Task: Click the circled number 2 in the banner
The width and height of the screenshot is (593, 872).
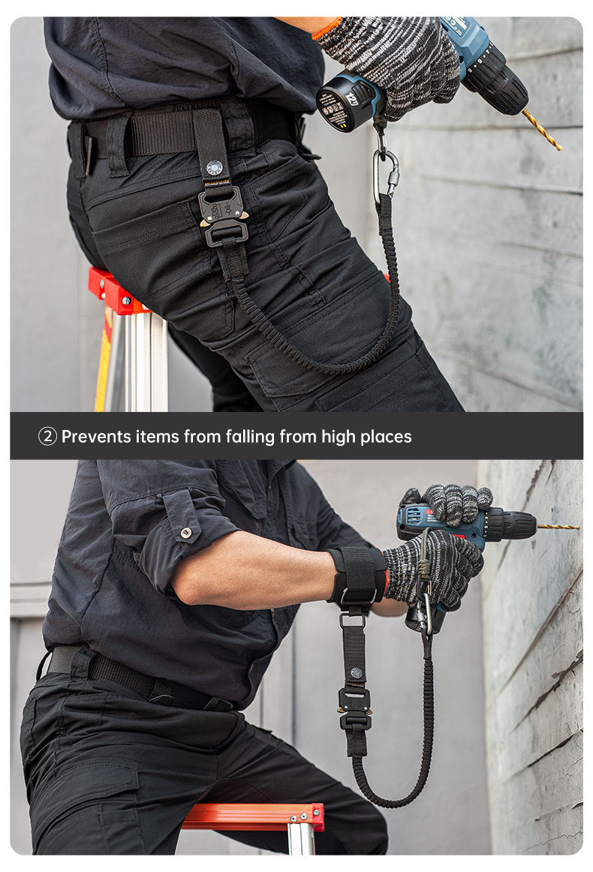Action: (x=47, y=436)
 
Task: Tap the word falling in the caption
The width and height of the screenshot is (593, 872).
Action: (x=249, y=436)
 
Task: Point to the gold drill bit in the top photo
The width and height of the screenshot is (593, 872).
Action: (x=542, y=130)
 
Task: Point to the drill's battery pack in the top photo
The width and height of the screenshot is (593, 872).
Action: (x=348, y=100)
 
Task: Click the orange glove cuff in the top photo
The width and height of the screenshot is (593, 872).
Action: (x=328, y=29)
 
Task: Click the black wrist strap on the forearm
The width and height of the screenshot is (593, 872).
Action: (x=358, y=576)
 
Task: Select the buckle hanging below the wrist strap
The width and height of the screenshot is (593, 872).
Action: (x=354, y=710)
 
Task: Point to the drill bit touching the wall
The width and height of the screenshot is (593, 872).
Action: (x=558, y=527)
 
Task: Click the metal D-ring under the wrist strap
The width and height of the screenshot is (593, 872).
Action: (x=352, y=620)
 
